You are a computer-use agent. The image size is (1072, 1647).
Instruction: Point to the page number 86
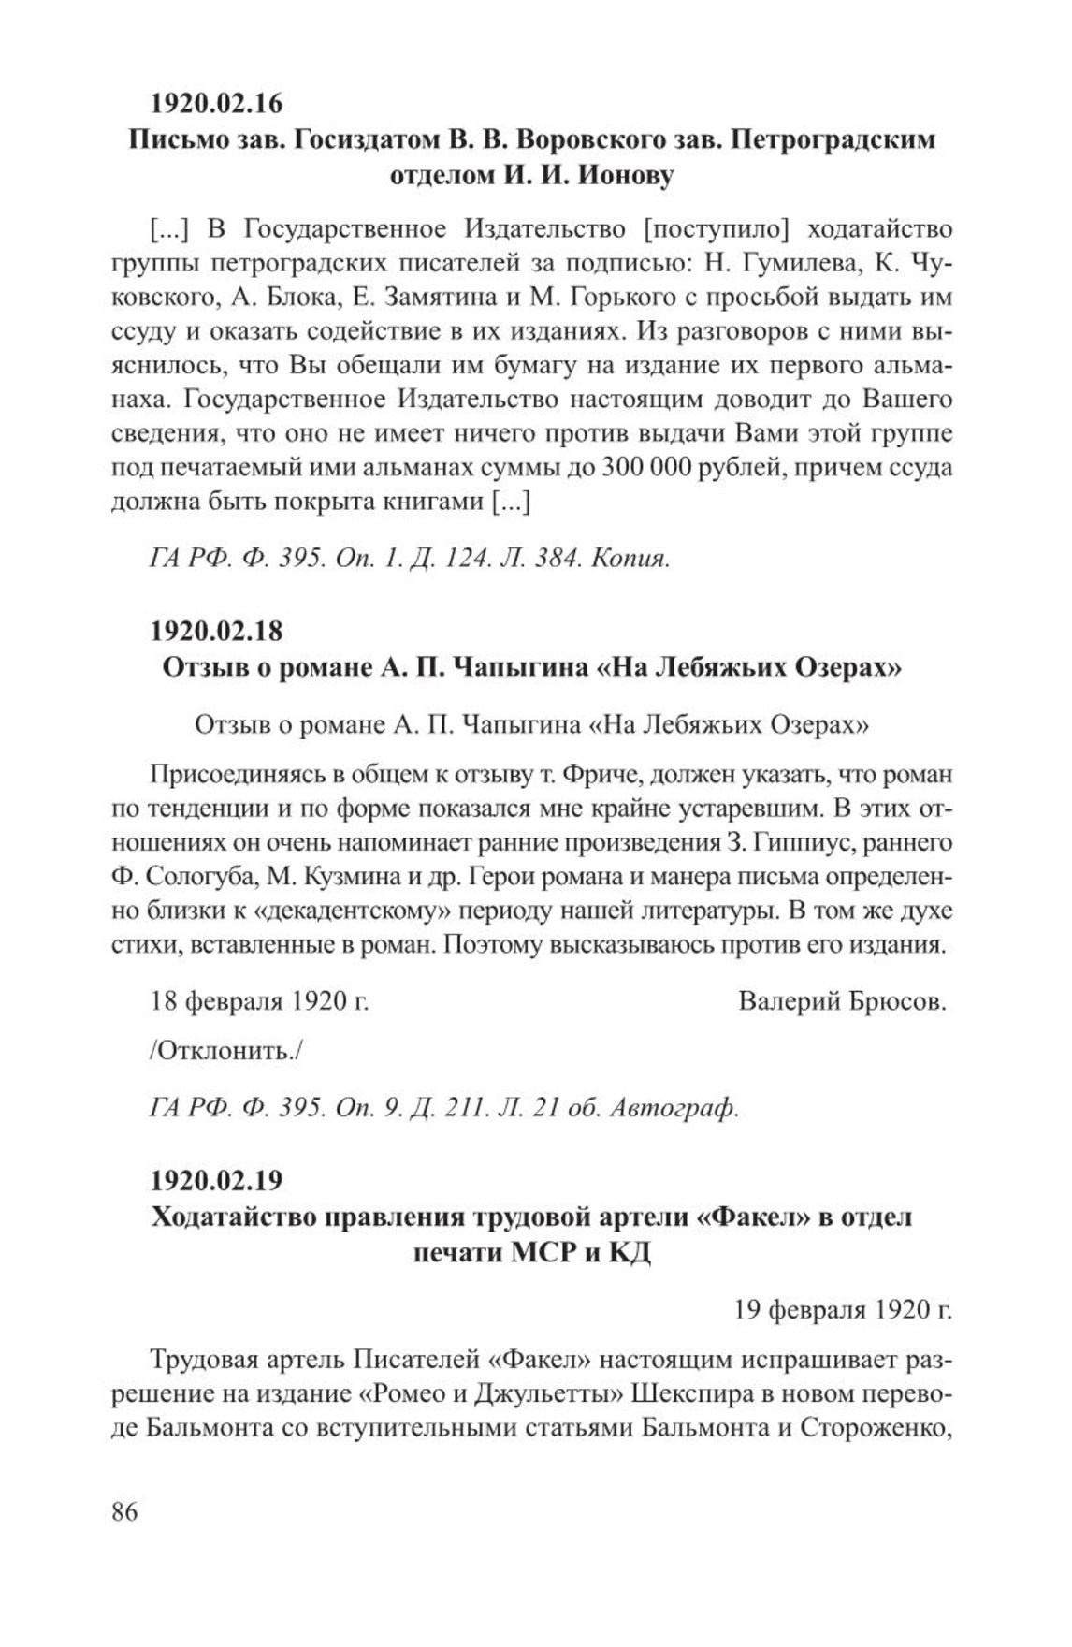[x=124, y=1511]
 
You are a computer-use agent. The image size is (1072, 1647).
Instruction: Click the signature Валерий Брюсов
[x=842, y=1001]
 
